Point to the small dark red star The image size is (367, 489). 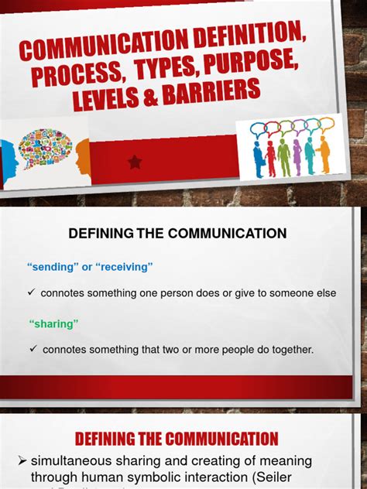134,162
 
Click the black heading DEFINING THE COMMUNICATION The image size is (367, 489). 177,233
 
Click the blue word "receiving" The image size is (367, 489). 124,267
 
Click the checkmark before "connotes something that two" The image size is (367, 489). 33,349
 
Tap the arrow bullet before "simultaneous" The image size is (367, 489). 22,461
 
